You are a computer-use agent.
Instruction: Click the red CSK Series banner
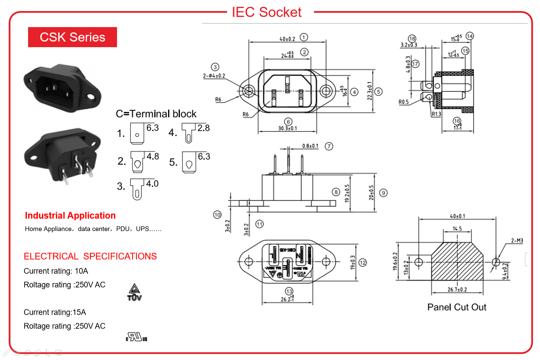[x=72, y=37]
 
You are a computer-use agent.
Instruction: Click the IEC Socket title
[x=266, y=12]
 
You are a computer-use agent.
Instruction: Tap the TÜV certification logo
[x=134, y=293]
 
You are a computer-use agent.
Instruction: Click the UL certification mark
[x=136, y=337]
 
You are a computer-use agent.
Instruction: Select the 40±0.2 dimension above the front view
[x=287, y=39]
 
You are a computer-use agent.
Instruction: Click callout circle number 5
[x=379, y=92]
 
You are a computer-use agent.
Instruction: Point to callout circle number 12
[x=363, y=263]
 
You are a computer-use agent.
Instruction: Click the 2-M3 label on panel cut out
[x=517, y=241]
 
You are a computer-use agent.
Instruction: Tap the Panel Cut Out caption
[x=457, y=307]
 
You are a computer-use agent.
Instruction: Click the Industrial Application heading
[x=70, y=215]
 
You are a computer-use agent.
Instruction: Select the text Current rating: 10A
[x=56, y=271]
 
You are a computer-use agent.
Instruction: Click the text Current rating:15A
[x=55, y=312]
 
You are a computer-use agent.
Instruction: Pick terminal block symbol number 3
[x=137, y=189]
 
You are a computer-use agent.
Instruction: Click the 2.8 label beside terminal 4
[x=203, y=128]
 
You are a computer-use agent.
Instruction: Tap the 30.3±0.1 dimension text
[x=288, y=128]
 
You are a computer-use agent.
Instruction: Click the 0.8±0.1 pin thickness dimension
[x=310, y=146]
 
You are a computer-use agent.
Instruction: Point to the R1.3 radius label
[x=436, y=114]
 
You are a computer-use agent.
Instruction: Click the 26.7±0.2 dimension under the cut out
[x=457, y=290]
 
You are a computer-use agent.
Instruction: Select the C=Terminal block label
[x=156, y=114]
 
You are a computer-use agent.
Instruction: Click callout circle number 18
[x=412, y=39]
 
